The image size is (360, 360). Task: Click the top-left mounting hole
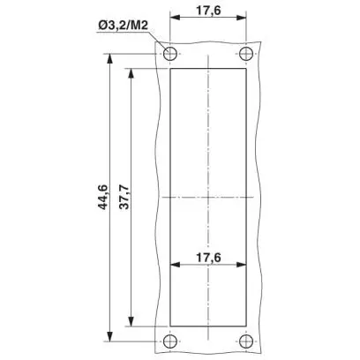pos(170,54)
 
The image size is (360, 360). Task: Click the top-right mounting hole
pos(246,54)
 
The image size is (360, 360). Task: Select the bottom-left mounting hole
pos(170,341)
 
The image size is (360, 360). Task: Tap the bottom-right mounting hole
pos(246,341)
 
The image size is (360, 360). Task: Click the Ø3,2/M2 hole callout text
pos(123,26)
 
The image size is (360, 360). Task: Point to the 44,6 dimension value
pos(103,197)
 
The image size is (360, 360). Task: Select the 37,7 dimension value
pos(124,197)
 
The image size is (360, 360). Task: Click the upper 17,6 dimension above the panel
pos(208,11)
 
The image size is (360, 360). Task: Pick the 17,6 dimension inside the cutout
pos(208,258)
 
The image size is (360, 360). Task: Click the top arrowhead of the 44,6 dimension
pos(109,58)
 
